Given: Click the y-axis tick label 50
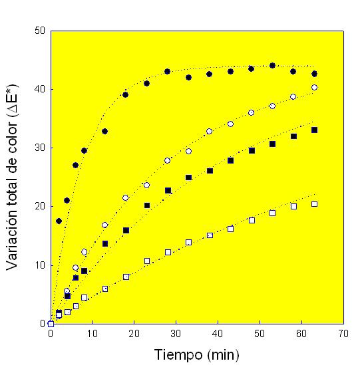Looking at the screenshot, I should [x=40, y=31].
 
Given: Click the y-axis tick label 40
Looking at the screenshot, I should [x=40, y=89].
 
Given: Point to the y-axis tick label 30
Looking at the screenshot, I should [x=40, y=148].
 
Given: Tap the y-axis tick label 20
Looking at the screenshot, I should [x=40, y=206].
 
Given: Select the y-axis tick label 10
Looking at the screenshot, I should [x=40, y=265].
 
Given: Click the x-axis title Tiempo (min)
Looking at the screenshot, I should [x=196, y=353].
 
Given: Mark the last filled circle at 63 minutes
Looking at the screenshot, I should [x=314, y=73].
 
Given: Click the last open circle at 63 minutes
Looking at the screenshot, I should [x=314, y=87].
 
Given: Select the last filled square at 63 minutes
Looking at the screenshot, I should [x=314, y=130].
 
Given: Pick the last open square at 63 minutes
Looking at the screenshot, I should [x=314, y=204].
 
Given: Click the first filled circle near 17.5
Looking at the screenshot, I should [x=59, y=221].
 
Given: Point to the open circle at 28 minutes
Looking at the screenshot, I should [x=168, y=160].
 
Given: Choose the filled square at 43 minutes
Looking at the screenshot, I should [x=230, y=160].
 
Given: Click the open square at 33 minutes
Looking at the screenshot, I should [x=188, y=242].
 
